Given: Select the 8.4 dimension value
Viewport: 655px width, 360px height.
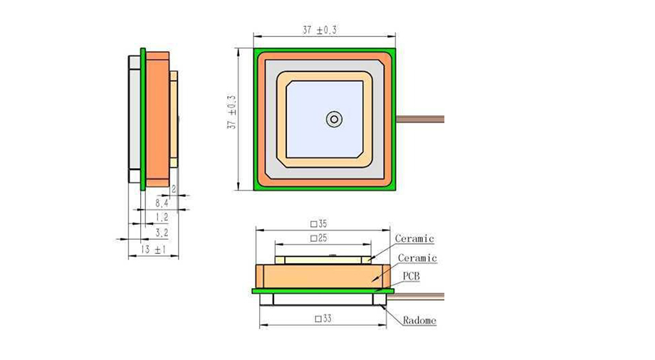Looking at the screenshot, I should [x=162, y=203].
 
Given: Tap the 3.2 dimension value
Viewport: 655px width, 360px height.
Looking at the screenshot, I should [x=162, y=232].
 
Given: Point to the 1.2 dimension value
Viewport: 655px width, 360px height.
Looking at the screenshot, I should [x=162, y=217].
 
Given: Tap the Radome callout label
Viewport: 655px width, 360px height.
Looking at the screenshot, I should [x=419, y=321].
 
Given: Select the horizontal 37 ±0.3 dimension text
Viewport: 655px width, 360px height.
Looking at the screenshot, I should [x=320, y=30].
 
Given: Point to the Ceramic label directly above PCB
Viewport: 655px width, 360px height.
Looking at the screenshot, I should [x=416, y=258].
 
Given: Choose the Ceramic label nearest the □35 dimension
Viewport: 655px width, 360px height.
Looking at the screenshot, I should [x=414, y=239].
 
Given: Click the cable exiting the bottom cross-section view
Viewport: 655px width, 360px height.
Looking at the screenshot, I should [x=420, y=295].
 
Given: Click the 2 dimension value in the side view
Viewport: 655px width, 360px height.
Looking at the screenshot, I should [x=174, y=190].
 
